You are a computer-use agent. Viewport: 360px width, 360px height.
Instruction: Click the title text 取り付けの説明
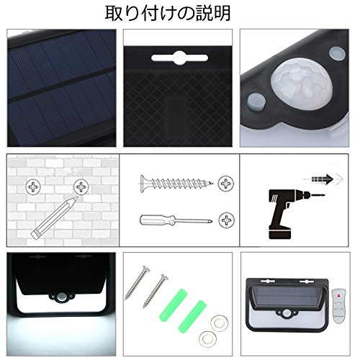tap(168, 14)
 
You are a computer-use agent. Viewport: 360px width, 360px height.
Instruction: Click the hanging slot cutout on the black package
tap(179, 58)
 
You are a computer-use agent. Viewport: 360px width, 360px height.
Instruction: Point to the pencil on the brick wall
tap(55, 217)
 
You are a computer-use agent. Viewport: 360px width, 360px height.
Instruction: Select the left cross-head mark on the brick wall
tap(33, 186)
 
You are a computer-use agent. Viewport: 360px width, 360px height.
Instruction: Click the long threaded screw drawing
tap(176, 184)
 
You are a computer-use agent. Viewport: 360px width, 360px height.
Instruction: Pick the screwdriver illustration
tap(176, 220)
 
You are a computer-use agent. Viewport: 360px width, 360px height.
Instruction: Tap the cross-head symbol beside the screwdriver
tap(226, 220)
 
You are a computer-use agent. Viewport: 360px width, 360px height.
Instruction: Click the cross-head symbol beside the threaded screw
tap(225, 184)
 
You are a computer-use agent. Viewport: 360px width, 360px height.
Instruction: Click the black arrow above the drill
tap(323, 179)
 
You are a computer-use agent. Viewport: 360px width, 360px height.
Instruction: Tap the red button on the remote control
tap(338, 294)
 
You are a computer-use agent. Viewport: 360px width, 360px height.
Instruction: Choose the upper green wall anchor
tap(174, 304)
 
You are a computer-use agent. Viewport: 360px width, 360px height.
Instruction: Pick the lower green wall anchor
tap(193, 316)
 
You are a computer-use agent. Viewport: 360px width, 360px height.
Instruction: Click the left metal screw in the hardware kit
tap(137, 283)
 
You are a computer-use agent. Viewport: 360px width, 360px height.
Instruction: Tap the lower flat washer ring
tap(207, 339)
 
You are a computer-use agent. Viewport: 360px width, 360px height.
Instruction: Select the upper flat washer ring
tap(219, 324)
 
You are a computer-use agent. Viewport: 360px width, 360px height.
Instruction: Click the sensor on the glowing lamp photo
tap(61, 297)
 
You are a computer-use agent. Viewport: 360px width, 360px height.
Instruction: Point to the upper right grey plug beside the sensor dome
tap(337, 53)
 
